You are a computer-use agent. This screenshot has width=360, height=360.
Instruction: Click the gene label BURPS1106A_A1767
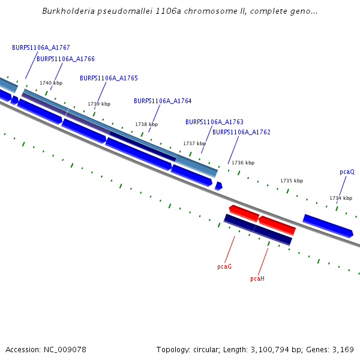click(41, 47)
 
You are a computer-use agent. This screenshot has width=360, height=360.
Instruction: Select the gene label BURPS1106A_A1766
click(65, 59)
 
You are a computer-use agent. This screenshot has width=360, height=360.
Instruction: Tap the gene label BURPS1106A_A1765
click(109, 78)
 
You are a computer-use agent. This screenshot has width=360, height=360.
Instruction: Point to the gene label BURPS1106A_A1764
click(163, 101)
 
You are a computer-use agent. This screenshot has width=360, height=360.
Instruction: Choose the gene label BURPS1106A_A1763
click(214, 122)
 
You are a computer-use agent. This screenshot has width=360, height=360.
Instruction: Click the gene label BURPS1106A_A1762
click(241, 132)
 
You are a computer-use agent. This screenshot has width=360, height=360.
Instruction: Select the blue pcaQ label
click(347, 172)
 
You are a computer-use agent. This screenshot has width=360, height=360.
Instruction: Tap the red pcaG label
click(224, 266)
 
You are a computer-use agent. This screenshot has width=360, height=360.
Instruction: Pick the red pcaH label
click(257, 278)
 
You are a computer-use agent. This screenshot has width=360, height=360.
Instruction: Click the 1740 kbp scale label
click(51, 83)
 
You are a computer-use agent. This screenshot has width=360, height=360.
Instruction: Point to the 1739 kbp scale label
click(99, 104)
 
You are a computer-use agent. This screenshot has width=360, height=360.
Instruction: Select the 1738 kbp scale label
click(146, 124)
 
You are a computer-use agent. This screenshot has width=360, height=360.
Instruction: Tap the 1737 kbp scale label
click(194, 143)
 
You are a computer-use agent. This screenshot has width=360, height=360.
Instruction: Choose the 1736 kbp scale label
click(243, 163)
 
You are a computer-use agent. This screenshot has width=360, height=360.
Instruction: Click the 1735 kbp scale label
click(292, 181)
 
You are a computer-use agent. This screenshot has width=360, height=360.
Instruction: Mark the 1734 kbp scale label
click(341, 198)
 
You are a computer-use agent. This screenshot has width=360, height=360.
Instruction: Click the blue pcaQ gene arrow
click(328, 225)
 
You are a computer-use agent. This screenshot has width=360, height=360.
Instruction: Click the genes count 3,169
click(343, 349)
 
